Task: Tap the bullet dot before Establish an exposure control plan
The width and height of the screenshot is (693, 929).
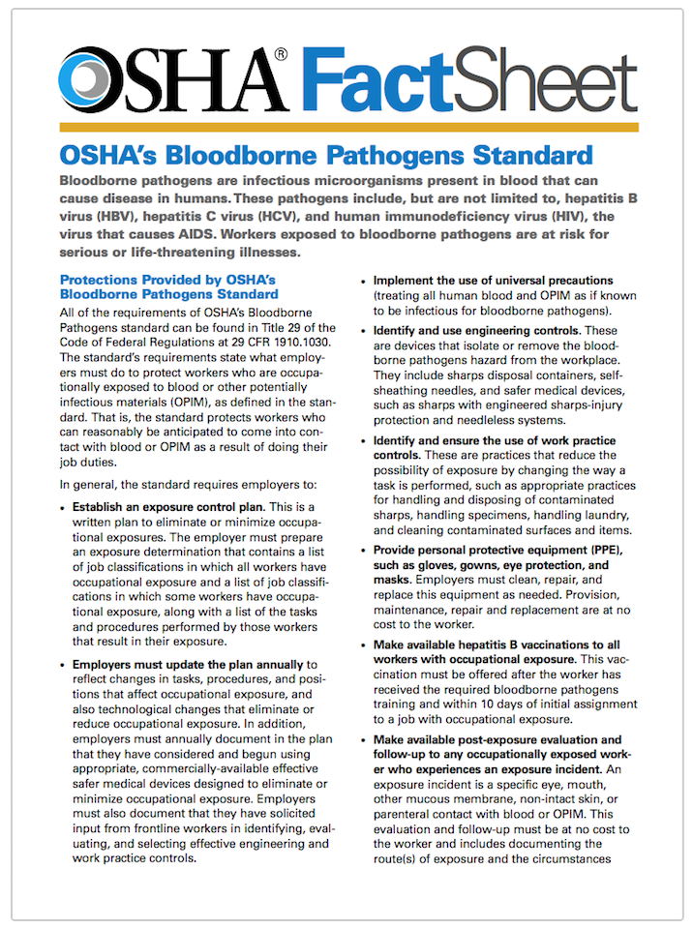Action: coord(64,508)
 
